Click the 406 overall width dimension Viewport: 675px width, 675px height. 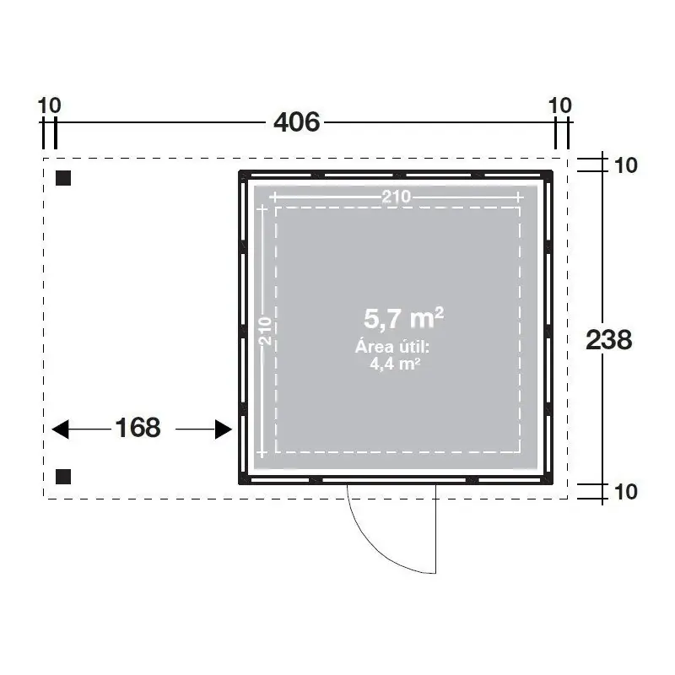click(x=297, y=121)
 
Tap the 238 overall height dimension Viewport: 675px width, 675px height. click(x=609, y=340)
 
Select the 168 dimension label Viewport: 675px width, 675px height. click(x=138, y=428)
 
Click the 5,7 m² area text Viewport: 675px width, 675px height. click(x=404, y=318)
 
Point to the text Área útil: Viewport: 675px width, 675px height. click(x=392, y=347)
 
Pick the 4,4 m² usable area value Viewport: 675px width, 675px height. click(x=395, y=364)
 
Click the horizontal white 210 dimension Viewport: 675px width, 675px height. click(x=397, y=197)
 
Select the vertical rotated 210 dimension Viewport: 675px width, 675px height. click(x=265, y=331)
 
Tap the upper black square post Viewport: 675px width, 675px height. click(x=63, y=178)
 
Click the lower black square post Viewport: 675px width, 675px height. click(x=63, y=477)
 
